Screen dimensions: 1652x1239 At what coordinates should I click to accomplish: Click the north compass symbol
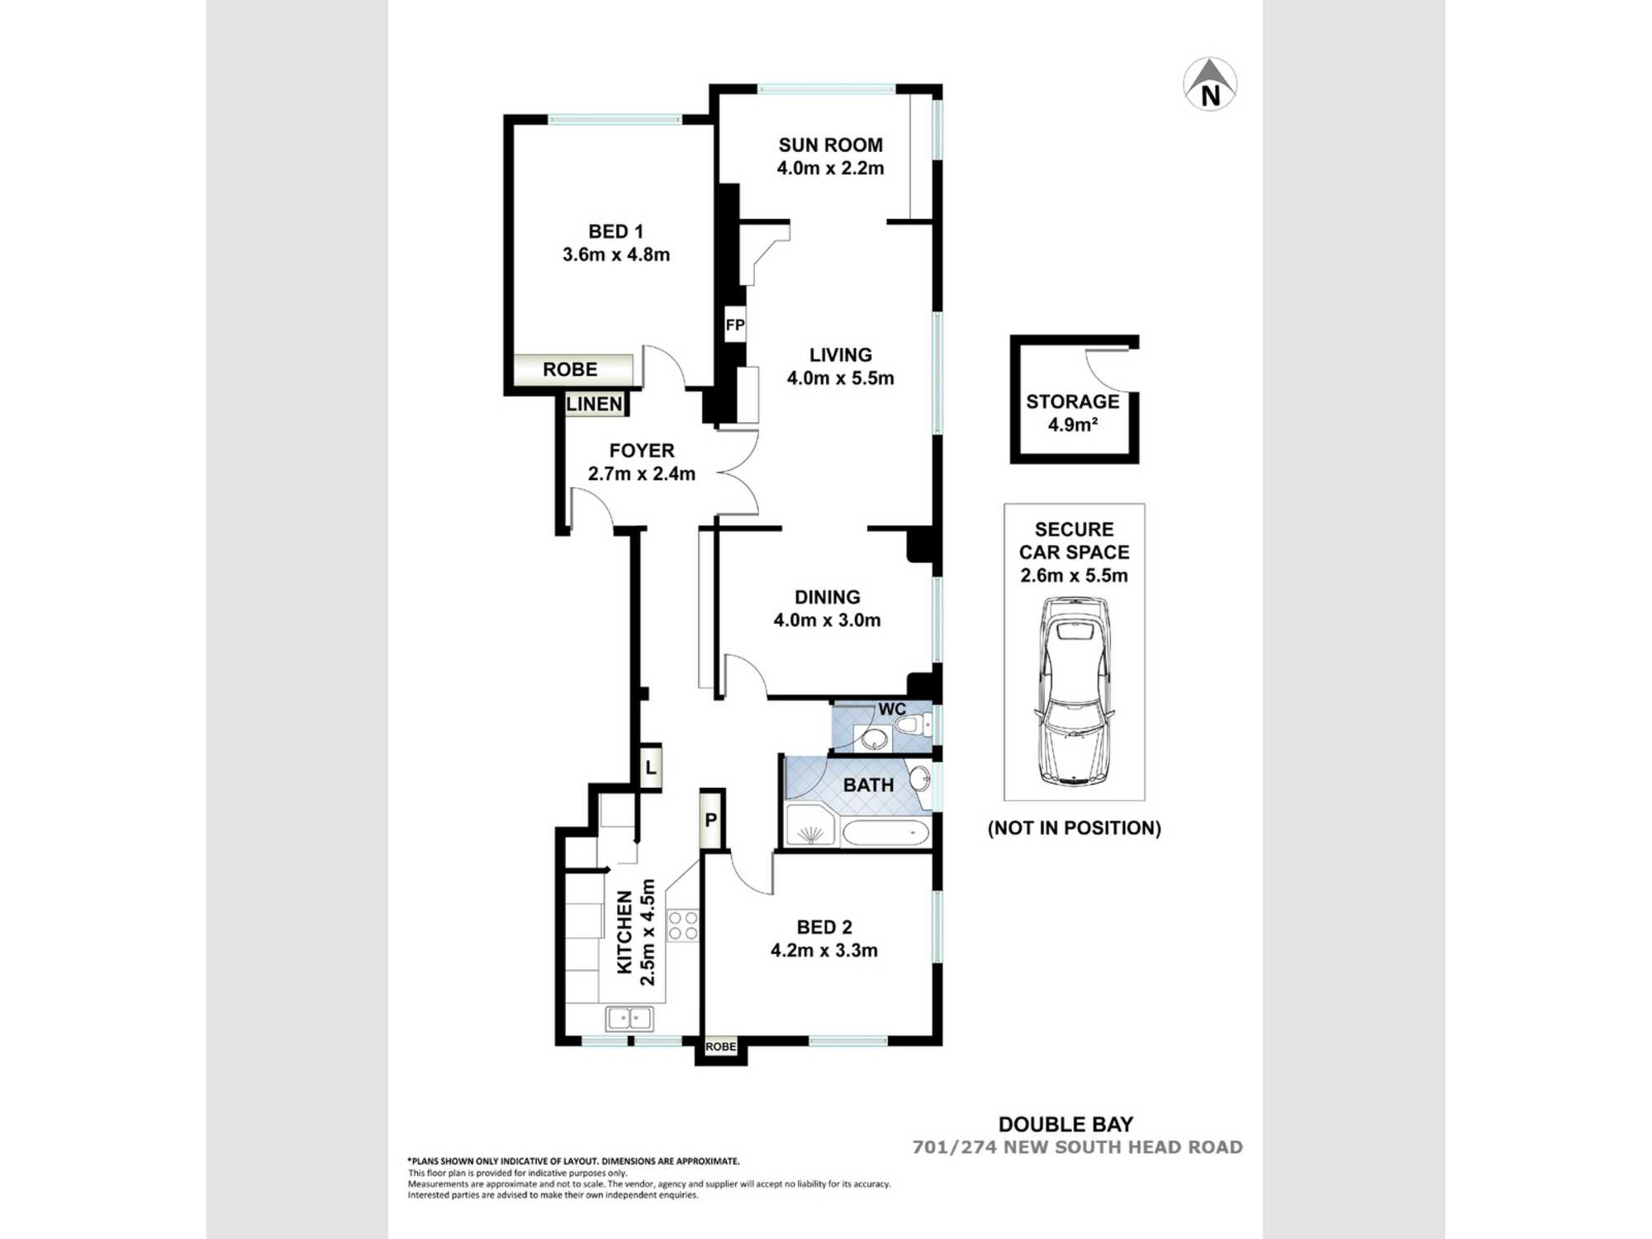pos(1210,84)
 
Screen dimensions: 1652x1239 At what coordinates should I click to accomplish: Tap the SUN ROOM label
pos(830,145)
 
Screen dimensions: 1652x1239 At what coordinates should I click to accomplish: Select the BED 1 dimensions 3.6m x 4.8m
pos(616,254)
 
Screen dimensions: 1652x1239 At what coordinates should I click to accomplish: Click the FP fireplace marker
pos(734,325)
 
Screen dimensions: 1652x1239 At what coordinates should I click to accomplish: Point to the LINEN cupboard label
pos(594,404)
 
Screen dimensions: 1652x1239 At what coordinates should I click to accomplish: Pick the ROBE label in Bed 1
pos(570,369)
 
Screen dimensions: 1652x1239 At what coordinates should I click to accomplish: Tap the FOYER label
pos(642,450)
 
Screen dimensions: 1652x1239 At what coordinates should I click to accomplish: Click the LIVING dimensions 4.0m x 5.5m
pos(840,378)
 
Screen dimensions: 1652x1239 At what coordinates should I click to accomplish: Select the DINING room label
pos(827,597)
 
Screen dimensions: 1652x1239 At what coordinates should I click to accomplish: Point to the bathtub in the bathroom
pos(885,832)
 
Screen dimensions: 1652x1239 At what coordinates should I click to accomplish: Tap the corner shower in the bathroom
pos(809,826)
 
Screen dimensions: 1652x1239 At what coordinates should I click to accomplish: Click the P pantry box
pos(711,819)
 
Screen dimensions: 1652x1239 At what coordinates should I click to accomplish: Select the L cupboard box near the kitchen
pos(651,767)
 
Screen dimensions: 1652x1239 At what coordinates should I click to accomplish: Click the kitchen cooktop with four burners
pos(683,924)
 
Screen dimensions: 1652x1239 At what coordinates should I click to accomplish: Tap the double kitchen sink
pos(629,1018)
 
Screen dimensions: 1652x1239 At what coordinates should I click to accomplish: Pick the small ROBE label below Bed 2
pos(720,1047)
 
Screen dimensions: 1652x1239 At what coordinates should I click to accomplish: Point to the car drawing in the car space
pos(1074,691)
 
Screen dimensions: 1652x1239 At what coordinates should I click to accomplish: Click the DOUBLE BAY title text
pos(1066,1124)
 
